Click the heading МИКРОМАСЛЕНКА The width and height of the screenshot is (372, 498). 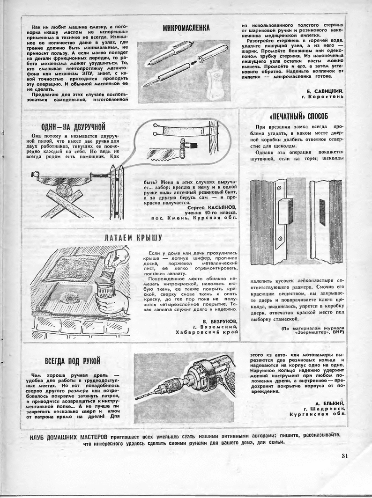point(186,28)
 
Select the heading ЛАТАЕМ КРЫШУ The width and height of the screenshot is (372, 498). point(133,238)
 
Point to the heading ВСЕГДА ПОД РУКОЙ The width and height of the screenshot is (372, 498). point(73,361)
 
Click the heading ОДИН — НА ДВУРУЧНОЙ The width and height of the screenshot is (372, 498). point(73,126)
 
